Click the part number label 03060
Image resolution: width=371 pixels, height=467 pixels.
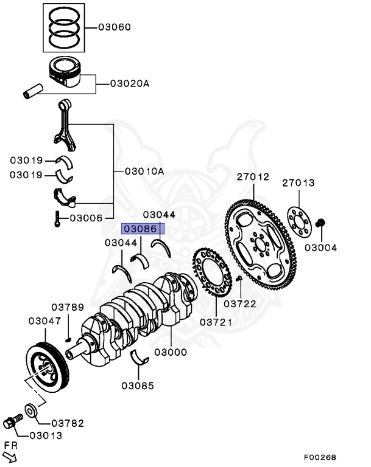(115, 28)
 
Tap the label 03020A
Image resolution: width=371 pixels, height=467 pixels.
(129, 83)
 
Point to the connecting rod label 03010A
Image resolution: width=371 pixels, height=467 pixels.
(144, 171)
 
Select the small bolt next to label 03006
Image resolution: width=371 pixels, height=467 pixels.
(57, 218)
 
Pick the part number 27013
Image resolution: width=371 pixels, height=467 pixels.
(298, 182)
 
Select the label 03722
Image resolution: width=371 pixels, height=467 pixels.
(239, 302)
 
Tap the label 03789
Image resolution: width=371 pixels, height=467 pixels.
(68, 307)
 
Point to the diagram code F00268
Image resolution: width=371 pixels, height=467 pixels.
(320, 457)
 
